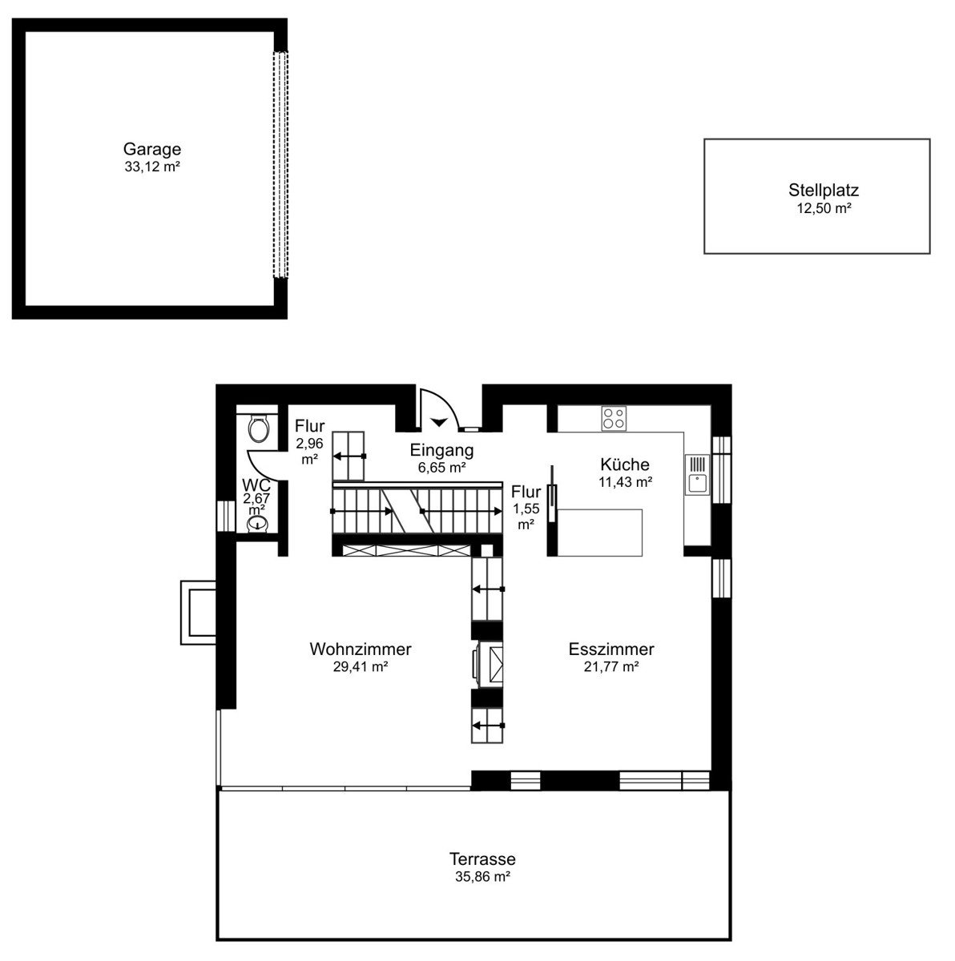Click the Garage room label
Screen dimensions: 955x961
tap(151, 149)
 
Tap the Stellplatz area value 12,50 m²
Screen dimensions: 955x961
tap(824, 208)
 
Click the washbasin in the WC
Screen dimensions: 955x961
tap(257, 523)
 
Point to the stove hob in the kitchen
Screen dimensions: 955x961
tap(613, 418)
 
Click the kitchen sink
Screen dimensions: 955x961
tap(697, 474)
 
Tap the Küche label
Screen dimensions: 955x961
tap(625, 464)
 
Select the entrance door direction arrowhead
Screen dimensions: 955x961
tap(439, 422)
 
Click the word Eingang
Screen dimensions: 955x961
tap(441, 450)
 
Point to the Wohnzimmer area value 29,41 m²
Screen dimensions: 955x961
tap(361, 666)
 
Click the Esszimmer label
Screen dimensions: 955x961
tap(611, 649)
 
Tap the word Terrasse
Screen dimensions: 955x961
tap(482, 858)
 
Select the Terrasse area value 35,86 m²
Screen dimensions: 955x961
tap(482, 876)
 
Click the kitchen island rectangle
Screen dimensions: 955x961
tap(599, 532)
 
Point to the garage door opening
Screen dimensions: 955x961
tap(280, 165)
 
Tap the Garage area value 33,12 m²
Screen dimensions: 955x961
tap(151, 167)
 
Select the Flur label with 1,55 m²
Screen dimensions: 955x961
tap(526, 492)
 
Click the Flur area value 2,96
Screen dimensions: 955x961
tap(309, 444)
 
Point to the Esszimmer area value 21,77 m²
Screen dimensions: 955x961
tap(611, 666)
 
